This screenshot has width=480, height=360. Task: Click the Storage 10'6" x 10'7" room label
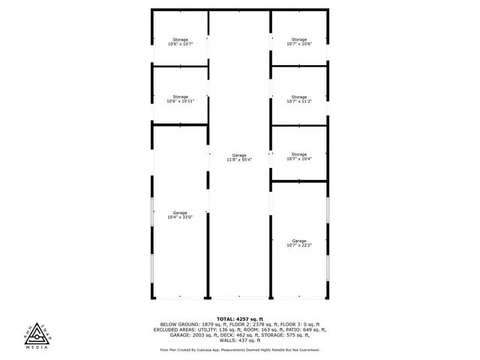tap(180, 42)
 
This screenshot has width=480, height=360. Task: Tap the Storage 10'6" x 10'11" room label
tap(180, 99)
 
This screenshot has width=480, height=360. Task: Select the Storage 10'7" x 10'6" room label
tap(298, 42)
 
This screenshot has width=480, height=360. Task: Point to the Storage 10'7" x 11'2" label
tap(298, 99)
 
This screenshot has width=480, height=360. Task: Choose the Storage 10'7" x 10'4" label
tap(298, 157)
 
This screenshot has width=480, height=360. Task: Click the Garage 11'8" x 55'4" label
tap(239, 157)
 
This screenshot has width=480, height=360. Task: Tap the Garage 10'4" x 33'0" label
tap(180, 214)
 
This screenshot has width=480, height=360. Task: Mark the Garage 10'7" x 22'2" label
tap(298, 243)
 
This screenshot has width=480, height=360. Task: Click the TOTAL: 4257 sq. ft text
tap(240, 319)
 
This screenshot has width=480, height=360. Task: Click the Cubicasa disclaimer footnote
tap(240, 349)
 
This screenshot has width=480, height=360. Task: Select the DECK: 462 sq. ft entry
tap(250, 334)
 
